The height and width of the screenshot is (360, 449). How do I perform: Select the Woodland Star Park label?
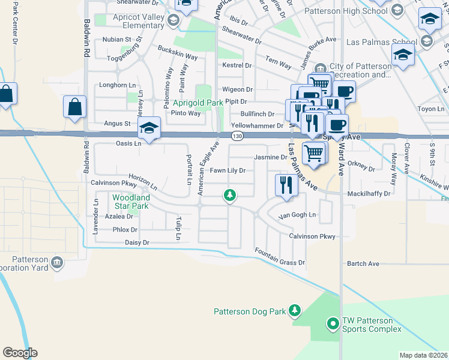click(x=131, y=202)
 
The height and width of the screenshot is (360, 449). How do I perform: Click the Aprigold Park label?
click(x=198, y=103)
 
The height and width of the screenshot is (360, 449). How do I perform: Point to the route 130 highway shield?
click(x=237, y=137)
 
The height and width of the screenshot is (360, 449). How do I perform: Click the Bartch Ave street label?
click(x=363, y=263)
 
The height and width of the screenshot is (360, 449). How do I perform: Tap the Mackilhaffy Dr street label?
click(x=369, y=194)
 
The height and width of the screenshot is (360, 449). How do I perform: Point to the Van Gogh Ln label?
click(x=297, y=216)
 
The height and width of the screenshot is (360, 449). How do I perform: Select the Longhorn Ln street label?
click(x=113, y=85)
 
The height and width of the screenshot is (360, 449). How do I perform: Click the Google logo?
click(x=20, y=353)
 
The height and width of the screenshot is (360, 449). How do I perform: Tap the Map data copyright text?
click(x=423, y=355)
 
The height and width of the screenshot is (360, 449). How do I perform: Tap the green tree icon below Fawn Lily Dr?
click(x=229, y=195)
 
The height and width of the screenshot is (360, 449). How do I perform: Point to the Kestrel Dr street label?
click(x=237, y=65)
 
